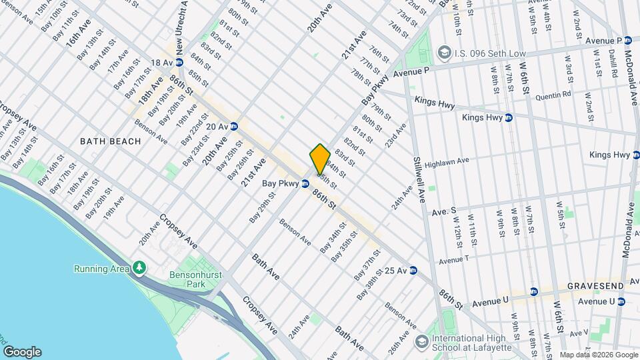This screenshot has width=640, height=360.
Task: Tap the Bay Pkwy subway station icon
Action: [x=305, y=183]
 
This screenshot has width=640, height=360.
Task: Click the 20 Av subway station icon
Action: [x=234, y=125]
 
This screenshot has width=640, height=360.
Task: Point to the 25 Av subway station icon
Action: [x=413, y=271]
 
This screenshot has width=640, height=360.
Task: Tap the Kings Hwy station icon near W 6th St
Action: [x=508, y=118]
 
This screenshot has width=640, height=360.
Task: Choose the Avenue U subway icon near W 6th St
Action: [x=534, y=291]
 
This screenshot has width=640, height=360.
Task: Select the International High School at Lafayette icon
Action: [x=421, y=342]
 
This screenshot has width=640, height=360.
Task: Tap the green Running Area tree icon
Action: [x=139, y=268]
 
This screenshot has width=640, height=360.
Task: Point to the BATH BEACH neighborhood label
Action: [x=111, y=141]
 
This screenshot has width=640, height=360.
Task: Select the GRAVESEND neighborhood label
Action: [x=596, y=286]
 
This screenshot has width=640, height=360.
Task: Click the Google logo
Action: [x=22, y=352]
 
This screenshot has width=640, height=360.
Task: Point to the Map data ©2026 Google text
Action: [x=598, y=355]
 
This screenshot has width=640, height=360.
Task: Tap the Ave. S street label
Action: [x=444, y=211]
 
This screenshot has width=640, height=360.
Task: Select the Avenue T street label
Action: [x=454, y=259]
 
